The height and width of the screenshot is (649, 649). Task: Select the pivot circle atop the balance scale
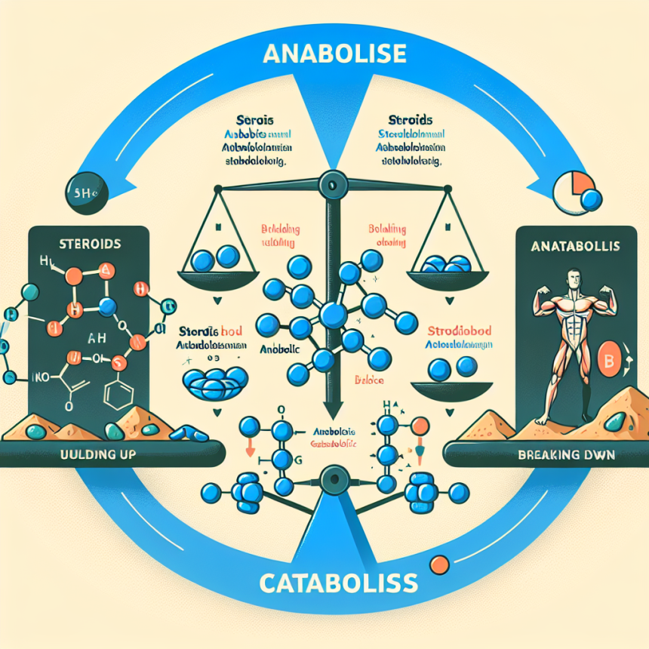coord(330,183)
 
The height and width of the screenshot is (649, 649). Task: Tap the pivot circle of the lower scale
coord(330,478)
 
